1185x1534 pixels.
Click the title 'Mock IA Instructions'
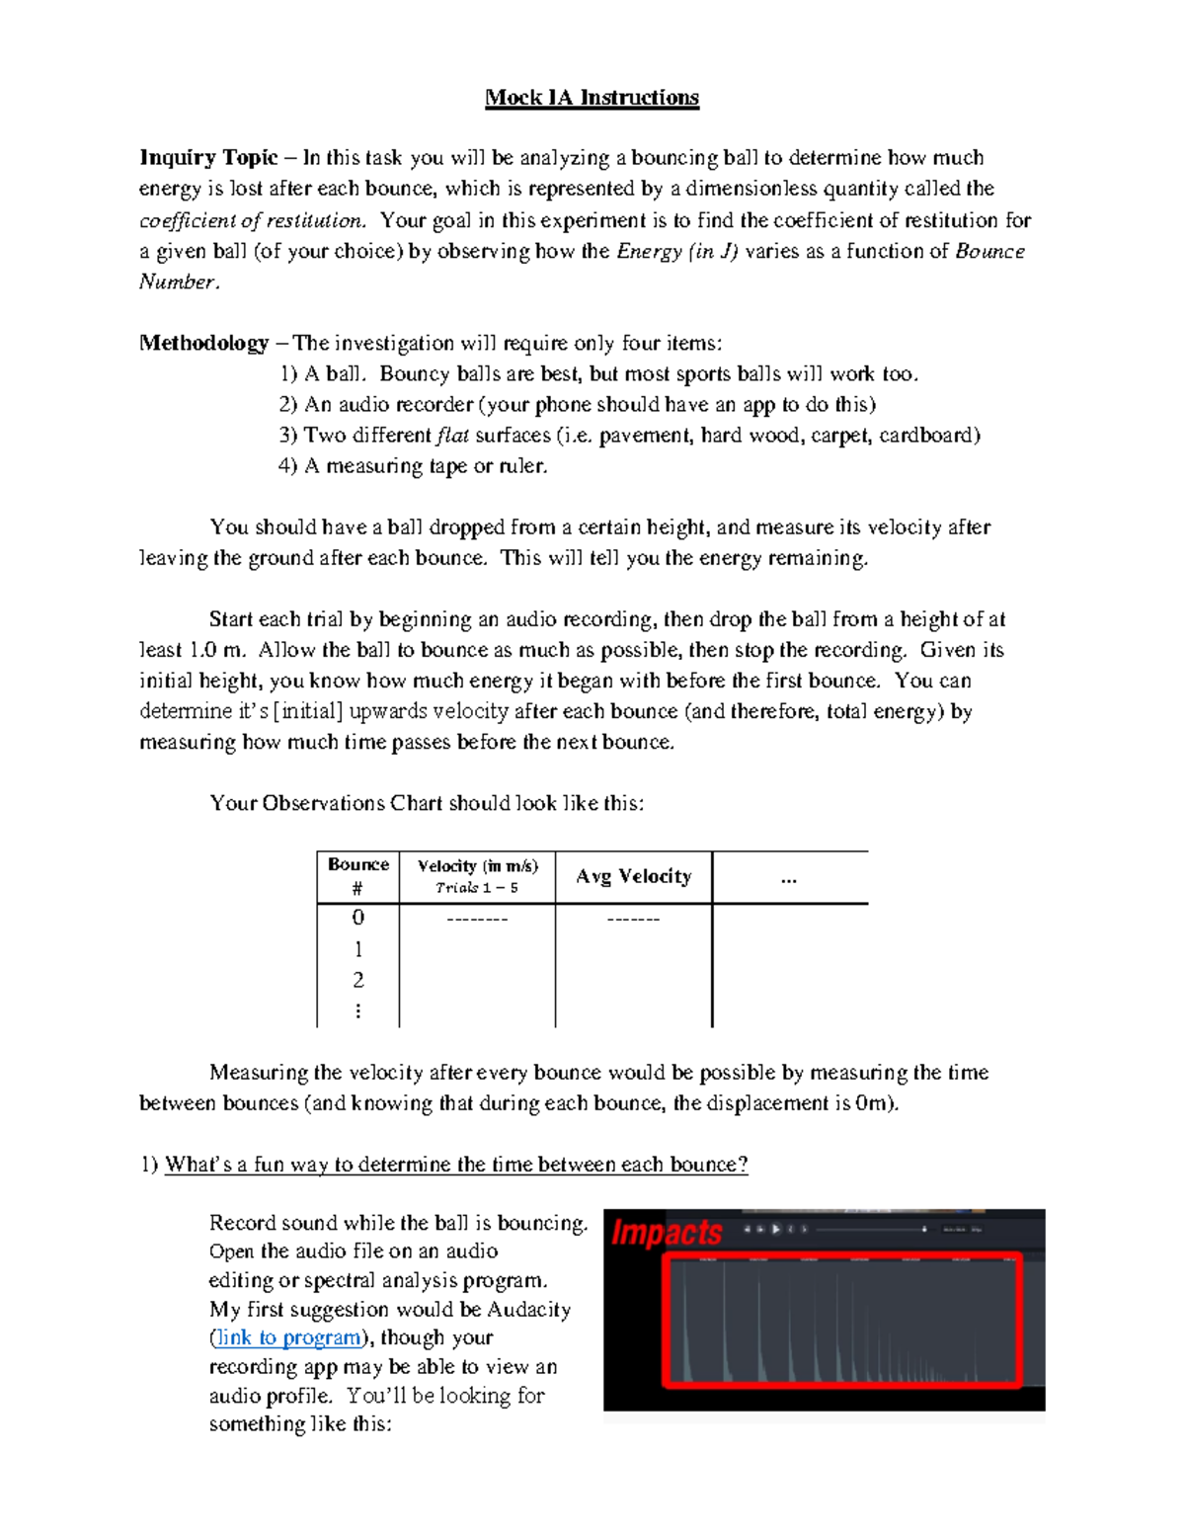point(592,97)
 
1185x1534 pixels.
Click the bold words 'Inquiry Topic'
point(208,158)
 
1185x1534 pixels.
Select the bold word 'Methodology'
point(203,343)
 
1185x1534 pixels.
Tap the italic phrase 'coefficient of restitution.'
point(253,220)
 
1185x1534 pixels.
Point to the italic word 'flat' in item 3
point(452,436)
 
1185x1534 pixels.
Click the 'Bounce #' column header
point(357,876)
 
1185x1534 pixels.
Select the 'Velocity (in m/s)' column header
point(478,866)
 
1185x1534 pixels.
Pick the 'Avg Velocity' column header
point(633,877)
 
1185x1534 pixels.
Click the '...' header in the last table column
point(788,878)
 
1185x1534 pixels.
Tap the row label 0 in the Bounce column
point(357,918)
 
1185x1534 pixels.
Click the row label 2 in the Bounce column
point(357,980)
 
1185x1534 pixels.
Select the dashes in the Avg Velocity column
point(633,920)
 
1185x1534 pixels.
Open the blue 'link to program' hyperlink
point(289,1337)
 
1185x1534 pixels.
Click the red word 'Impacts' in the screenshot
point(667,1233)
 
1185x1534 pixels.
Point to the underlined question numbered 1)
point(455,1165)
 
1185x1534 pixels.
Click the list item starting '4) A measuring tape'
point(413,466)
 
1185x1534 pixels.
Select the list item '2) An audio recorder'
point(577,405)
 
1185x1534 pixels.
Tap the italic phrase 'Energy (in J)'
point(676,251)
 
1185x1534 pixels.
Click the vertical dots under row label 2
point(357,1010)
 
